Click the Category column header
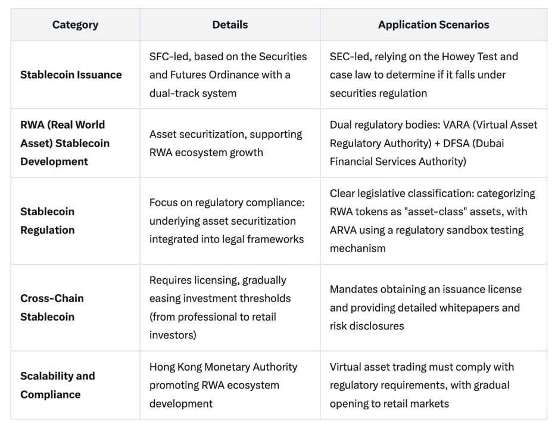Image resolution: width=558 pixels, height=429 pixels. pyautogui.click(x=75, y=25)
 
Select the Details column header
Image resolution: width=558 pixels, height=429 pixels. pyautogui.click(x=230, y=25)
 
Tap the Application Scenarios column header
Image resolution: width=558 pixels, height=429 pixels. pyautogui.click(x=433, y=25)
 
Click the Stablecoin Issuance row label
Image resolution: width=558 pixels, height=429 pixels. pyautogui.click(x=71, y=75)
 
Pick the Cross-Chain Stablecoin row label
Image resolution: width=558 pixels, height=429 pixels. pyautogui.click(x=52, y=307)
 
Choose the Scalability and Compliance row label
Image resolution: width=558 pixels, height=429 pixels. pyautogui.click(x=58, y=385)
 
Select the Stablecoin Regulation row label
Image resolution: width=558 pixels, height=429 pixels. pyautogui.click(x=48, y=220)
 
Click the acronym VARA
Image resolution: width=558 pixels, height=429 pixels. pyautogui.click(x=462, y=125)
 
